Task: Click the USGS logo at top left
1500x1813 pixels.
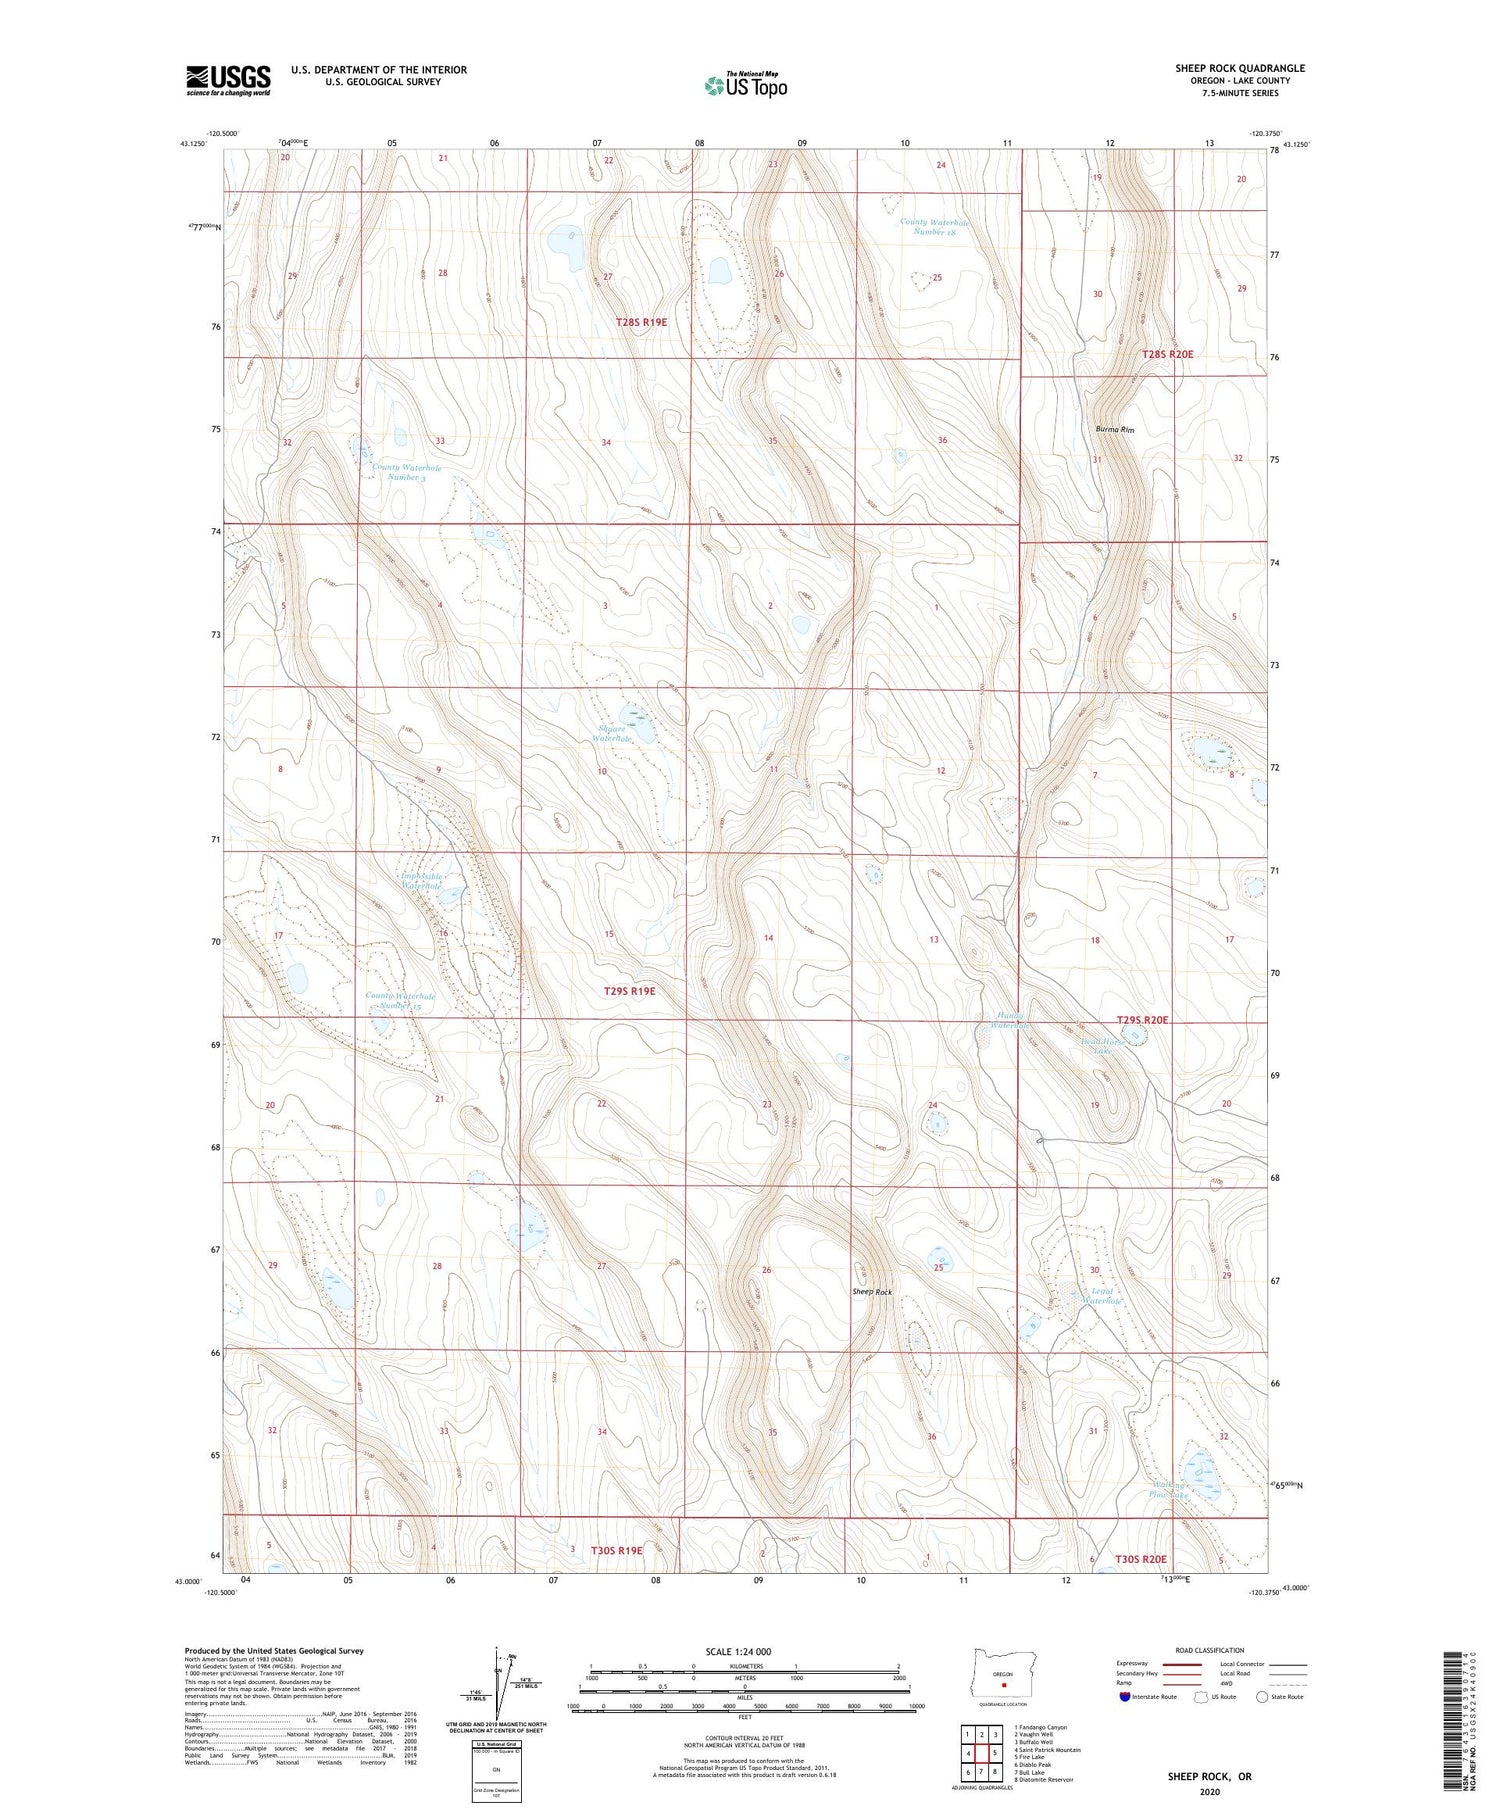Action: pos(228,80)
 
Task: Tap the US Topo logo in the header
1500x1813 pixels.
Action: pos(745,86)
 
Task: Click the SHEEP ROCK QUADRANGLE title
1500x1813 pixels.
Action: pos(1239,68)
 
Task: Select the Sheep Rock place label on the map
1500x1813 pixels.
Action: pos(872,1292)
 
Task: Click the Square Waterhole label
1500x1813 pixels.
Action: pos(612,733)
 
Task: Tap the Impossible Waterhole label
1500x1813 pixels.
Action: pos(421,881)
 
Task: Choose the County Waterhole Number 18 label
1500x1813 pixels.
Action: pos(934,227)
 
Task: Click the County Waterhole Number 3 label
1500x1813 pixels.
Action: pos(406,472)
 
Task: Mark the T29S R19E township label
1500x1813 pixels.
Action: pos(629,991)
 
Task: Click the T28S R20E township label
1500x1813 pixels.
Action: pos(1168,354)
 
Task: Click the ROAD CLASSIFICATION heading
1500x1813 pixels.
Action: pos(1209,1650)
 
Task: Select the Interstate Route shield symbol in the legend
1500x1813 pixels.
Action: pos(1125,1696)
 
